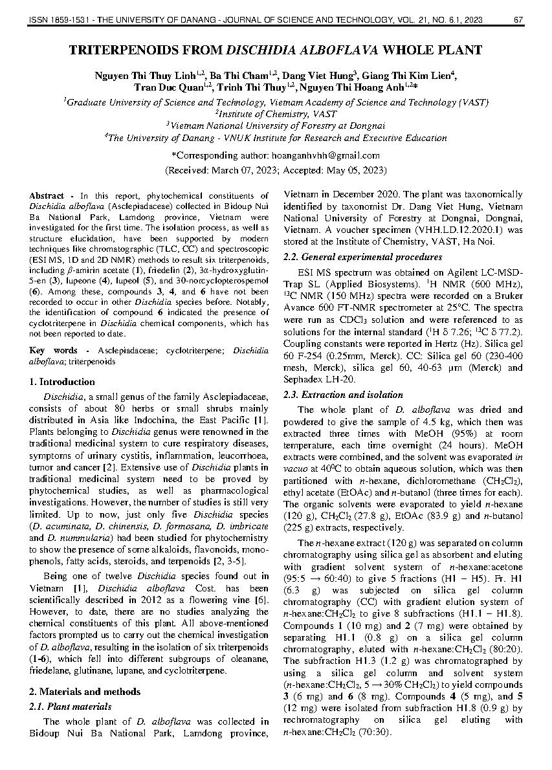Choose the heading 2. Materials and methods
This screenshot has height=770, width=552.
point(85,692)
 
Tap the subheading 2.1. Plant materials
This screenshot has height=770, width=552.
point(71,707)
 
